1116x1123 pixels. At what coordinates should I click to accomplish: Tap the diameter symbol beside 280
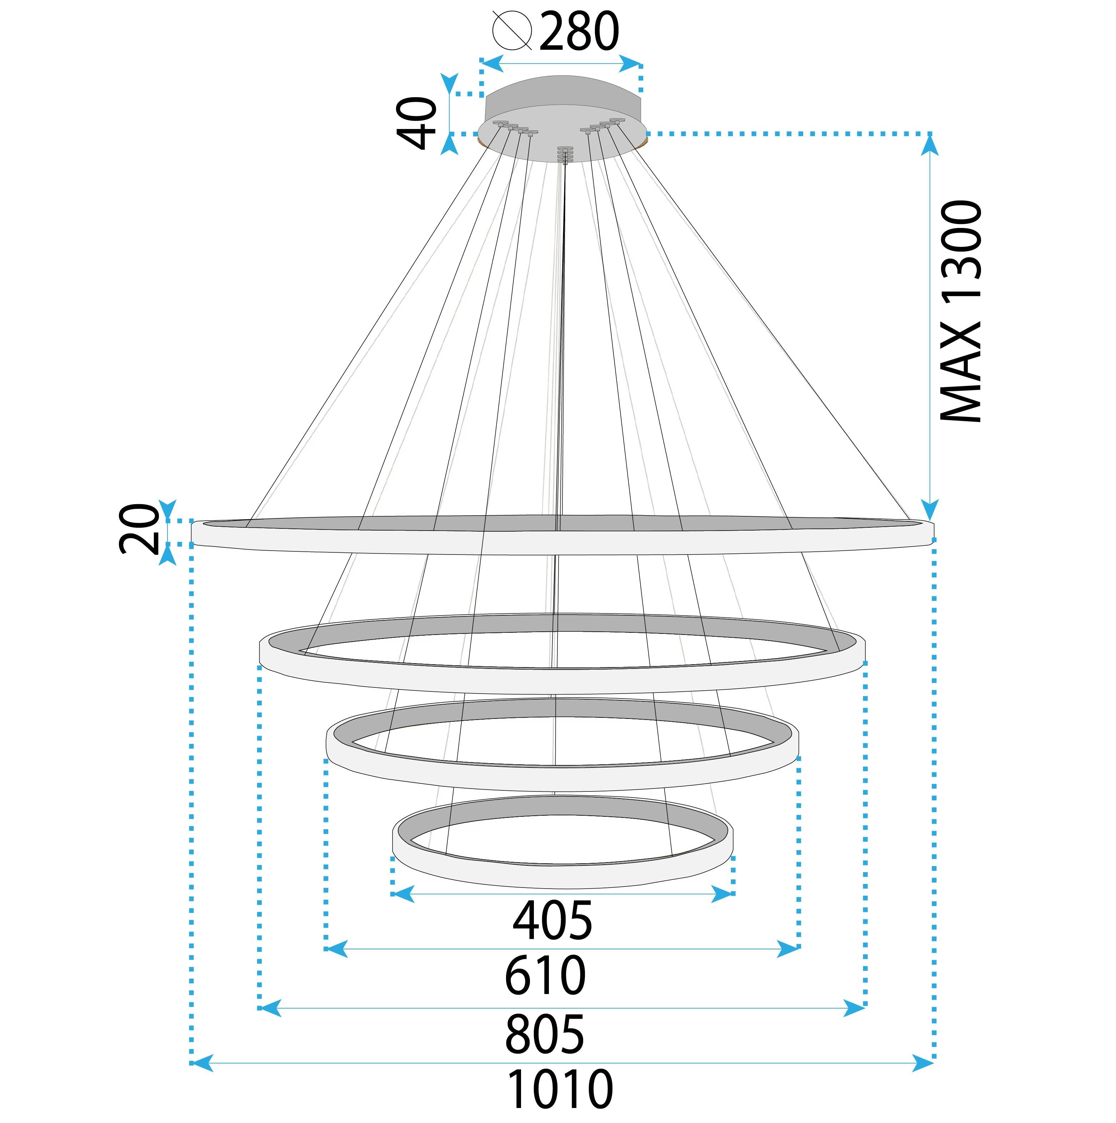[x=512, y=30]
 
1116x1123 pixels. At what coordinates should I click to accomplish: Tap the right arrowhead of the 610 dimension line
[x=789, y=949]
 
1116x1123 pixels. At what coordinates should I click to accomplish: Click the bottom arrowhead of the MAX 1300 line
[x=930, y=510]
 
